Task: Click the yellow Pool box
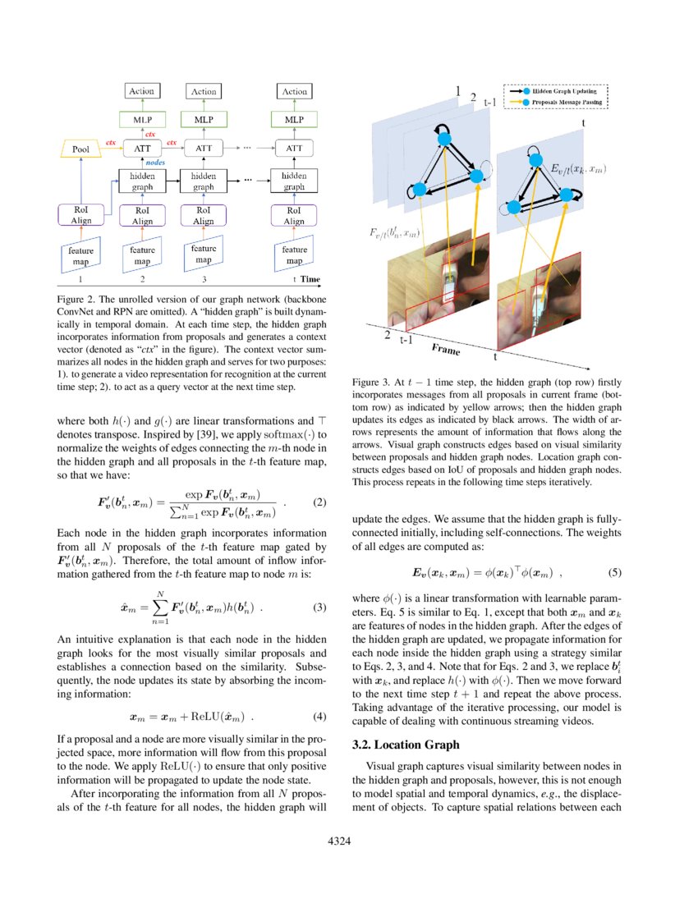(81, 149)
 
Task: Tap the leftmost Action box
(140, 92)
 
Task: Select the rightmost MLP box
(294, 120)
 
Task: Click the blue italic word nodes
(155, 163)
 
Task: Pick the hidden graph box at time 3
(204, 181)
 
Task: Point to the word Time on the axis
(310, 279)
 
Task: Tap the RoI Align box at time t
(294, 216)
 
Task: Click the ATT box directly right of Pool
(140, 149)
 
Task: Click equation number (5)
(613, 571)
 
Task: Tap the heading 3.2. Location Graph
(406, 745)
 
